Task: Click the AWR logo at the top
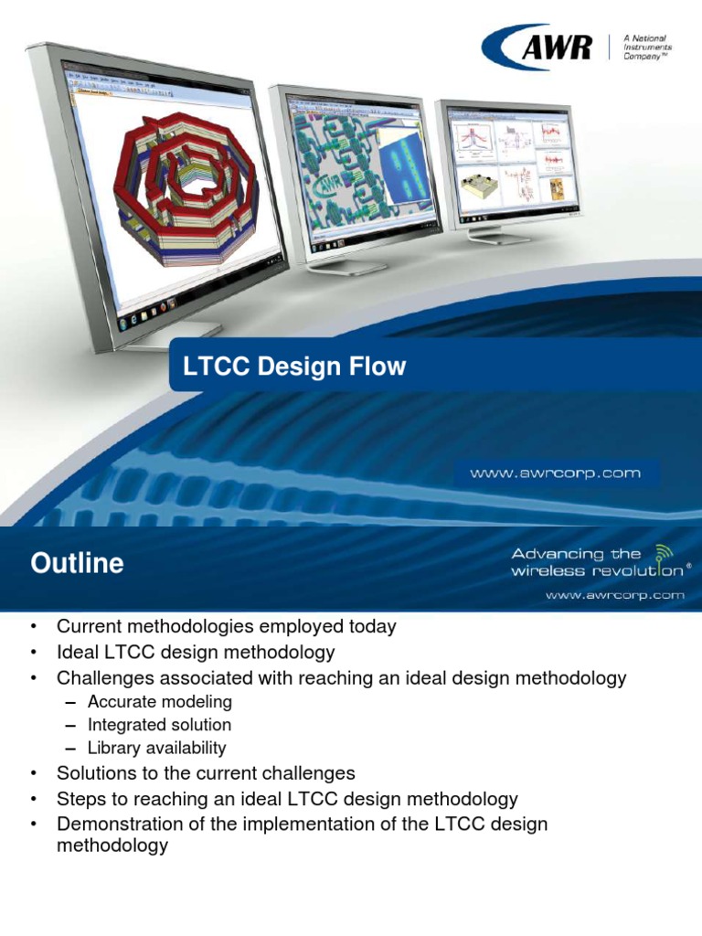[x=538, y=47]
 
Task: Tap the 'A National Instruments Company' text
[x=647, y=47]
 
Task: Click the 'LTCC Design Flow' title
[x=294, y=367]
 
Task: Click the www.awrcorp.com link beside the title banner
[x=555, y=473]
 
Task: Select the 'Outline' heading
[x=77, y=563]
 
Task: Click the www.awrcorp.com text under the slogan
[x=614, y=594]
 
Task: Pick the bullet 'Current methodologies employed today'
[x=226, y=627]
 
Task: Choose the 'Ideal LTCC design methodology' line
[x=196, y=653]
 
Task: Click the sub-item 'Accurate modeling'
[x=160, y=702]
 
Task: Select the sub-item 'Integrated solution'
[x=159, y=725]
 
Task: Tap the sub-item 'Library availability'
[x=156, y=748]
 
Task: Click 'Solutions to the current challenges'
[x=206, y=773]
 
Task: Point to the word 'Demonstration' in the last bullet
[x=114, y=824]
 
